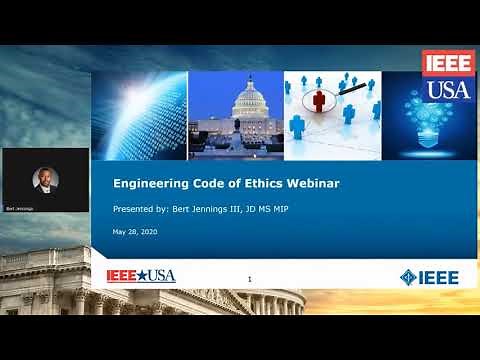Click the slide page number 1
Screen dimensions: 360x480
point(249,278)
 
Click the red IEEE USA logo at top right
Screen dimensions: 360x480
point(447,75)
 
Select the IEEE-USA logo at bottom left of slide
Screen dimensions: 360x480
point(141,275)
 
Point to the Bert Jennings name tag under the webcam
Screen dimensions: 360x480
point(20,209)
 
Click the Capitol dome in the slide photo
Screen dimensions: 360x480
point(247,101)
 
